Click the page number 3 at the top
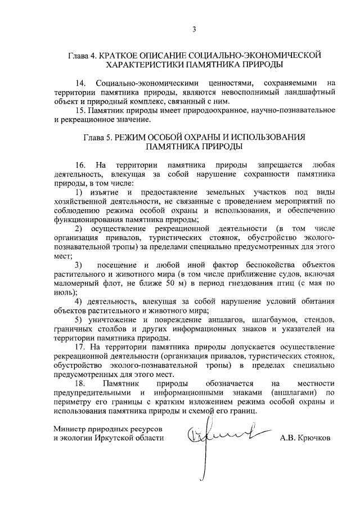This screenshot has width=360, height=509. click(x=193, y=29)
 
